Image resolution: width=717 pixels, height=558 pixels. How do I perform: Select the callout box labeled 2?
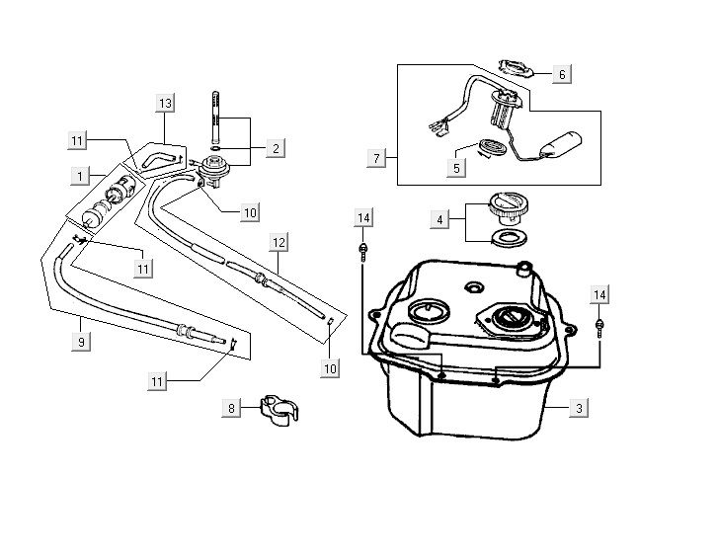click(x=276, y=148)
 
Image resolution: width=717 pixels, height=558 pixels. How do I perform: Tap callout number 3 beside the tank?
click(x=581, y=406)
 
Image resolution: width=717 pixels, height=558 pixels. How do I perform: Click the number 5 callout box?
click(x=456, y=168)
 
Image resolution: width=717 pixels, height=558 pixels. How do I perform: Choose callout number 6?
click(x=561, y=74)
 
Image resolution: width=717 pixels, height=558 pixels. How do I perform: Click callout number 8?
click(x=232, y=407)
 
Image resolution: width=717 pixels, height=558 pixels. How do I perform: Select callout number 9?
click(x=83, y=342)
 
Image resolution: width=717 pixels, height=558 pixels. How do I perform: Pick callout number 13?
click(x=165, y=104)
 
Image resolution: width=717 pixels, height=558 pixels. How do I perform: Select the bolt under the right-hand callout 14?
click(x=600, y=325)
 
